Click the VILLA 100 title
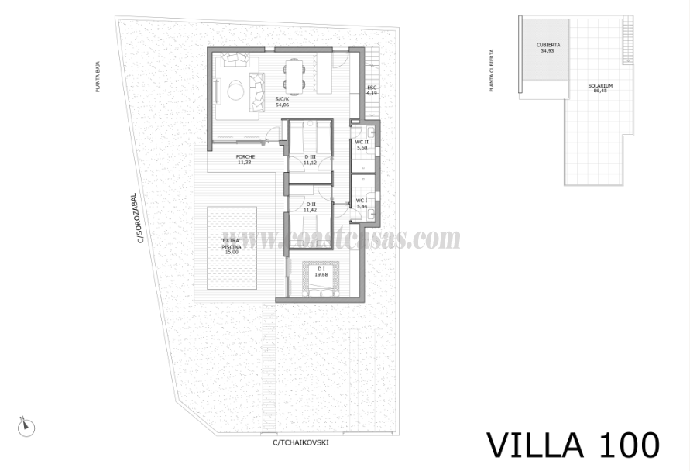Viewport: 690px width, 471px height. coord(573,445)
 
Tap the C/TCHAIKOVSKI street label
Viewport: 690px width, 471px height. coord(301,442)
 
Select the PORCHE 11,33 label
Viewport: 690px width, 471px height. coord(245,160)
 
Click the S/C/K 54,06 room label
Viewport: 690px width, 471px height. coord(282,101)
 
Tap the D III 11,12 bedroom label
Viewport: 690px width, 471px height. coord(311,160)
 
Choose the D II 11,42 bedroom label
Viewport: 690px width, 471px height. coord(311,207)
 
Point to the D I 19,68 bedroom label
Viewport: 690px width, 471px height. coord(321,271)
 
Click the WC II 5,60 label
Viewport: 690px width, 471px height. coord(362,145)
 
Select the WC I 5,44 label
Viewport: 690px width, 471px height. coord(362,203)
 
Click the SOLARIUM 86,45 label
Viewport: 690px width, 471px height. coord(600,88)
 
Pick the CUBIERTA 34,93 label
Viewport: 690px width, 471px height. coord(548,48)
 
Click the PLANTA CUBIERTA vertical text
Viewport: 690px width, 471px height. coord(492,71)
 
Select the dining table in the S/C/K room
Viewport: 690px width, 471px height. coord(294,74)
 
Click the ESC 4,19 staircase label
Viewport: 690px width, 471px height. coord(372,90)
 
